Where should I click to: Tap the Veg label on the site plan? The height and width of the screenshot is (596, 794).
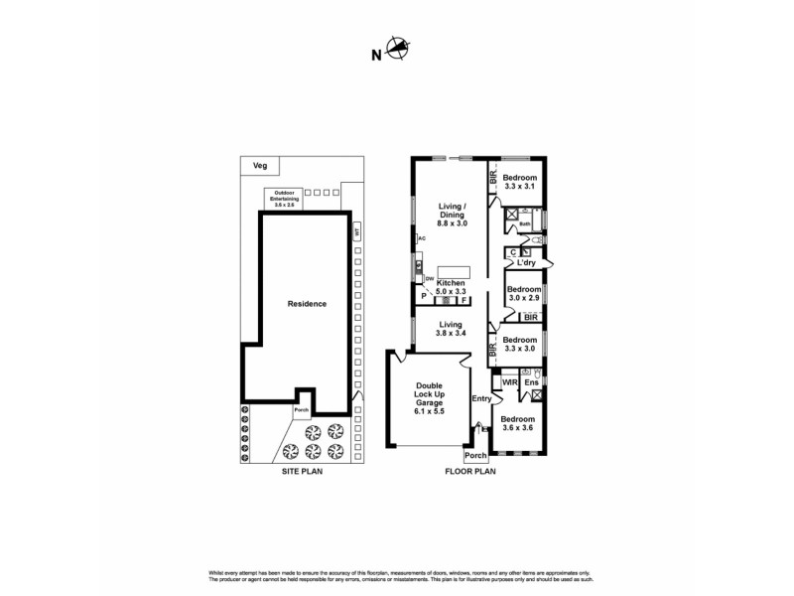coord(260,165)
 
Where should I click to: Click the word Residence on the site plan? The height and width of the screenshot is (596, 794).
coord(307,303)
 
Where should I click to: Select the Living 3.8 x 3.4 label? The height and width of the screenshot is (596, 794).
coord(452,329)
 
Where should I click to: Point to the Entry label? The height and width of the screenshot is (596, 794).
coord(481,399)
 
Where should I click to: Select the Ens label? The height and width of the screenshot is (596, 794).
coord(532,381)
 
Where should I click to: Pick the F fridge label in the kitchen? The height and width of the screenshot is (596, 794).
coord(464,300)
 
